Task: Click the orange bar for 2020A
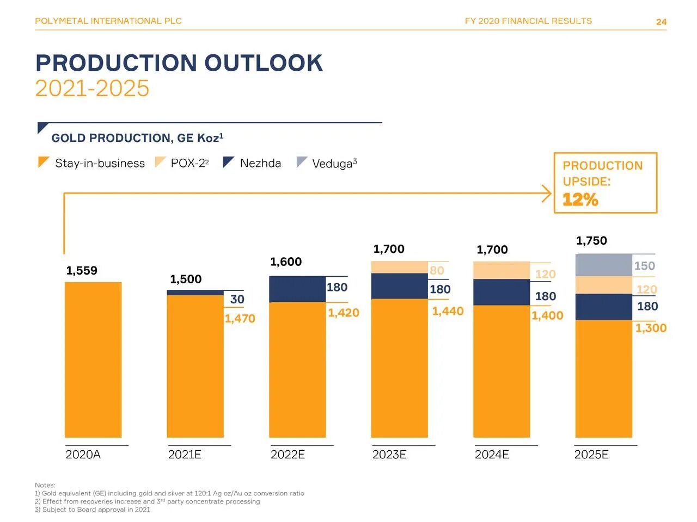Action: point(93,359)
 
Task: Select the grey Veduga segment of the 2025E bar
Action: point(603,265)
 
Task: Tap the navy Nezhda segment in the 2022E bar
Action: point(297,289)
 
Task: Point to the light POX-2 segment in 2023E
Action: point(399,267)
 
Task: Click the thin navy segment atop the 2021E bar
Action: point(195,293)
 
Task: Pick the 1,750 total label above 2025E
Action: point(591,241)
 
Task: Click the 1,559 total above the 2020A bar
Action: point(82,271)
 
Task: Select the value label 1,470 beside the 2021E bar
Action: point(240,319)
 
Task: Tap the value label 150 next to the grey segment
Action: point(644,266)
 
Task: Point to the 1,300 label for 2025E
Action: point(651,328)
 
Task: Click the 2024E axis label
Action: point(492,455)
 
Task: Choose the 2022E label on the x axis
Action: point(288,455)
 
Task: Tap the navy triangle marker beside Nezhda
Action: point(228,161)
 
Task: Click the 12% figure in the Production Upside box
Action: point(580,200)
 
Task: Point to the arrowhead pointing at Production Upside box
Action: point(547,194)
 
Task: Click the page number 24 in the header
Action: point(661,22)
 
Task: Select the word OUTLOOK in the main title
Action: point(264,63)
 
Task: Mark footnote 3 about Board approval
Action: point(92,509)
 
